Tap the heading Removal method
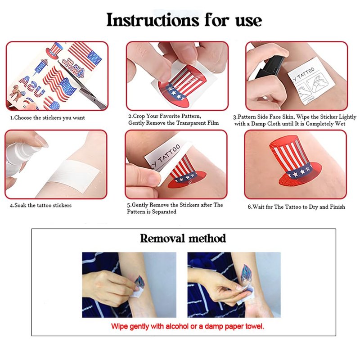(183, 238)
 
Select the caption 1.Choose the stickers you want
(48, 118)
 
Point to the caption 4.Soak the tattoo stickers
(40, 205)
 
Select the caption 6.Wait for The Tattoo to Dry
(296, 207)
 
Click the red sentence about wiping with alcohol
(188, 326)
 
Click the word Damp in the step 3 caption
(261, 123)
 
